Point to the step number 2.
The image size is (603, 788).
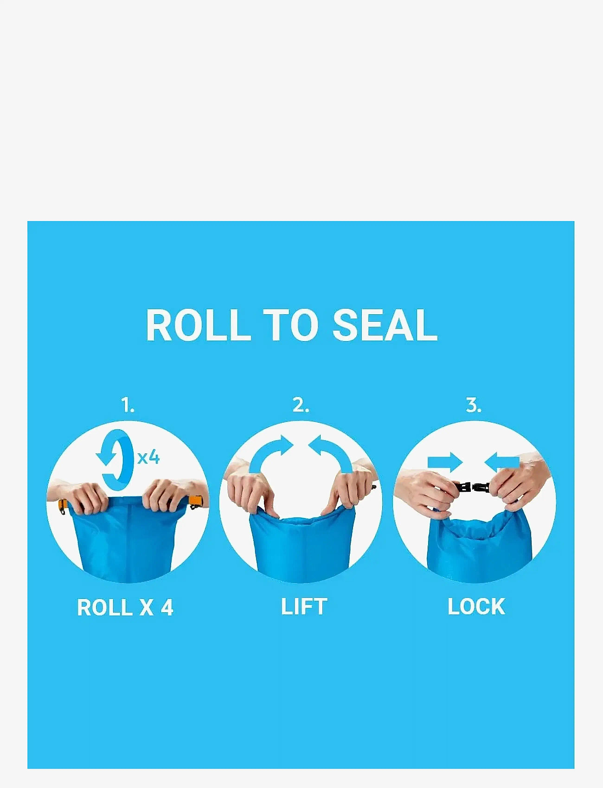pyautogui.click(x=301, y=405)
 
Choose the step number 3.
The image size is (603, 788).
pyautogui.click(x=474, y=405)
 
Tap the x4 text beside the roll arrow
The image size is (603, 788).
pyautogui.click(x=148, y=458)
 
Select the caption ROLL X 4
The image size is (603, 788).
pyautogui.click(x=125, y=607)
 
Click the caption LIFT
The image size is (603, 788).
pyautogui.click(x=304, y=607)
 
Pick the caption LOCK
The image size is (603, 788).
pyautogui.click(x=476, y=607)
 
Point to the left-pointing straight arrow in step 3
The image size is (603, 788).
pyautogui.click(x=502, y=462)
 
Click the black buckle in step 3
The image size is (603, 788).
pyautogui.click(x=473, y=488)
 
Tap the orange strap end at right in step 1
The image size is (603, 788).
pyautogui.click(x=196, y=502)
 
